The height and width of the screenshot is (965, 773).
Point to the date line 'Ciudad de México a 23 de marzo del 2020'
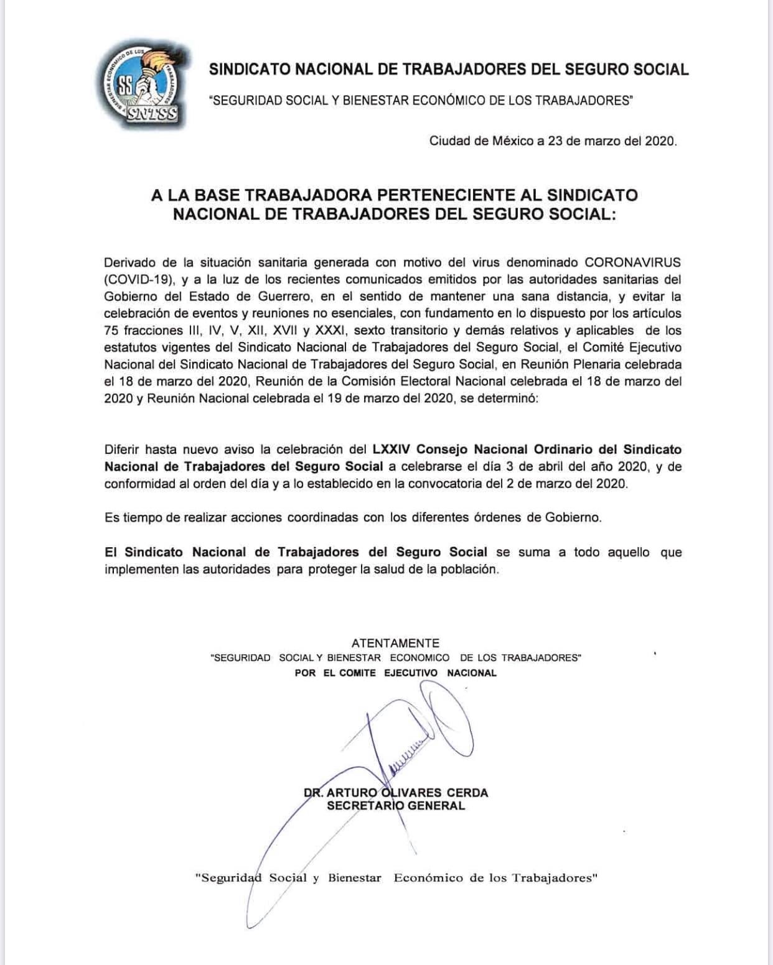click(553, 141)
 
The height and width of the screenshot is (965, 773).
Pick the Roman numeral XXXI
click(330, 331)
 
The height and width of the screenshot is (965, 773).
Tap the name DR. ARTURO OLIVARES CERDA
click(396, 793)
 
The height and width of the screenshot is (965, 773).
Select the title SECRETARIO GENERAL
click(396, 806)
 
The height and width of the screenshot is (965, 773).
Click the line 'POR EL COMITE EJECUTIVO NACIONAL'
click(396, 673)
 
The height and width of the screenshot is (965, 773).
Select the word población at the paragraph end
click(473, 569)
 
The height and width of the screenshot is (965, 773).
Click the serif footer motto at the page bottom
click(396, 878)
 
